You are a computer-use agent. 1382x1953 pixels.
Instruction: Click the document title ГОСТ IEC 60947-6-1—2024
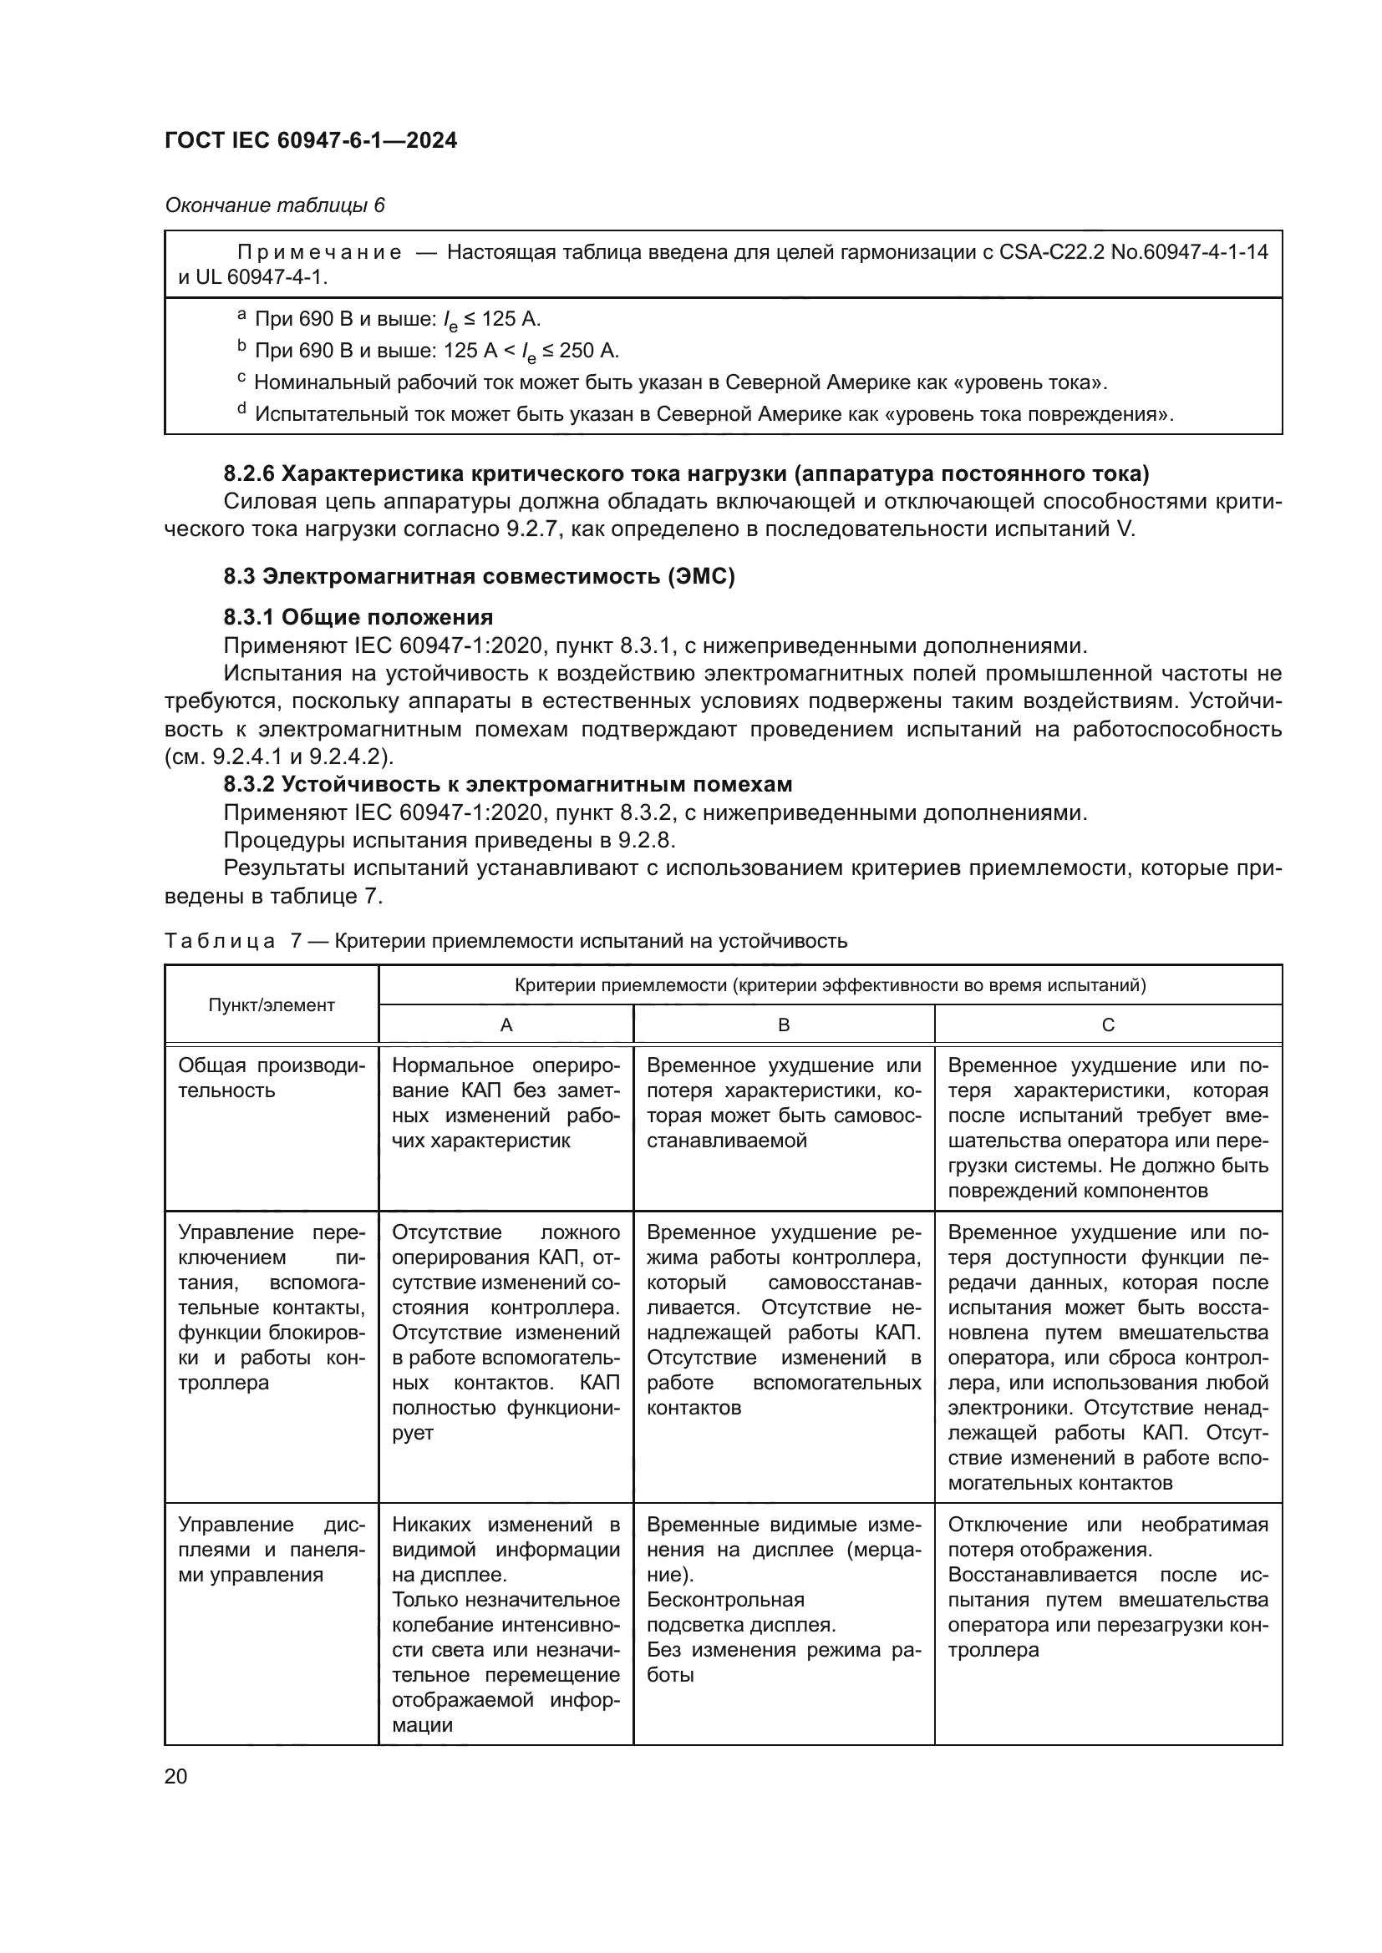tap(311, 140)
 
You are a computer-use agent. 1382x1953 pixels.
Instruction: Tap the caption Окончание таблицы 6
tap(274, 205)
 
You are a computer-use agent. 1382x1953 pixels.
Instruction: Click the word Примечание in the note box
tap(318, 252)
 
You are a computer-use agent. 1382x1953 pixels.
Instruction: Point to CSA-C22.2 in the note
tap(1053, 252)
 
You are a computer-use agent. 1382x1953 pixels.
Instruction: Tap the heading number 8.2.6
tap(248, 473)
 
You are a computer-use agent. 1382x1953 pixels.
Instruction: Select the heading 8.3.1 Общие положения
tap(358, 617)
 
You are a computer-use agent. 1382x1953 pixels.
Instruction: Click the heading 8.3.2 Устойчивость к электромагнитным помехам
tap(507, 783)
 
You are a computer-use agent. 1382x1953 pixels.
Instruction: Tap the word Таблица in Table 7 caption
tap(220, 941)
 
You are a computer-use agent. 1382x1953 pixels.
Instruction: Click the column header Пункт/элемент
tap(272, 1004)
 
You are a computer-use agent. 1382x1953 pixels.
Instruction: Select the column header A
tap(506, 1025)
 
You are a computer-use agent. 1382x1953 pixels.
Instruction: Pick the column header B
tap(784, 1025)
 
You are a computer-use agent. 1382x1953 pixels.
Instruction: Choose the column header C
tap(1108, 1025)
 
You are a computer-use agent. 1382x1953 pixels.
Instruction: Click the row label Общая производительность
tap(271, 1078)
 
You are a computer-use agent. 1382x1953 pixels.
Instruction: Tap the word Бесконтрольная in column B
tap(725, 1600)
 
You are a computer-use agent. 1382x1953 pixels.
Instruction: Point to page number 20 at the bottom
tap(176, 1776)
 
